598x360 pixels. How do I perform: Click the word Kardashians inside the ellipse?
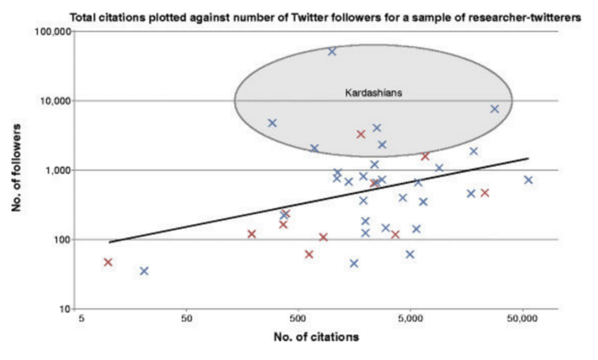pyautogui.click(x=373, y=92)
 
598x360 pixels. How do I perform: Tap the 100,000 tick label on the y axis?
pyautogui.click(x=52, y=32)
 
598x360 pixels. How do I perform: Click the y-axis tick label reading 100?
pyautogui.click(x=61, y=240)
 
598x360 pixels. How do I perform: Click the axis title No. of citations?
pyautogui.click(x=316, y=337)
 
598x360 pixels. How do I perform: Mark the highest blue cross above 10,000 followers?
pyautogui.click(x=332, y=51)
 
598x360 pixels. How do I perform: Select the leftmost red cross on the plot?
pyautogui.click(x=108, y=262)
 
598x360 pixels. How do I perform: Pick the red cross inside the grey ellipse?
pyautogui.click(x=361, y=134)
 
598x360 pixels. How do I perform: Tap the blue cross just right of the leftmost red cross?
pyautogui.click(x=144, y=271)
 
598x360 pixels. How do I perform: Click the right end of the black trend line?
pyautogui.click(x=528, y=158)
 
